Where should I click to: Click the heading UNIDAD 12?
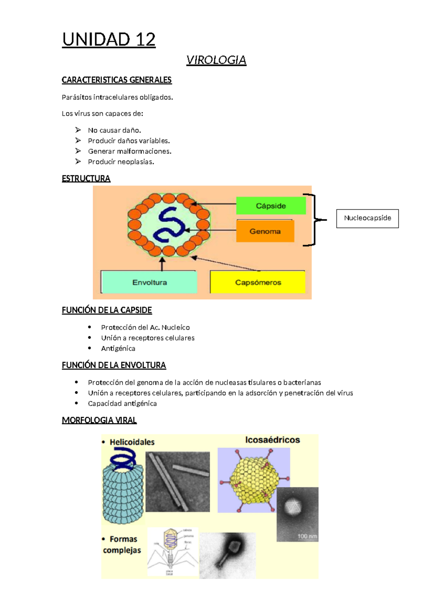pyautogui.click(x=109, y=39)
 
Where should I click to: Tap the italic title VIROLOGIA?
pyautogui.click(x=216, y=60)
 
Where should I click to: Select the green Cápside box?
pyautogui.click(x=271, y=206)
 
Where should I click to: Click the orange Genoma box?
pyautogui.click(x=265, y=231)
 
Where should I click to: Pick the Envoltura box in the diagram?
pyautogui.click(x=149, y=282)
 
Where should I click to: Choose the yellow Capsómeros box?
pyautogui.click(x=258, y=282)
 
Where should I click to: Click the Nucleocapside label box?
pyautogui.click(x=367, y=218)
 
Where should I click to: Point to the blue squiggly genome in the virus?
pyautogui.click(x=169, y=224)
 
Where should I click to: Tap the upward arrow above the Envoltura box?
pyautogui.click(x=162, y=264)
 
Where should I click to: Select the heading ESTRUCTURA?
pyautogui.click(x=86, y=179)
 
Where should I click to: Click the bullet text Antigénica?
pyautogui.click(x=118, y=348)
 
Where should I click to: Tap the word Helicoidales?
pyautogui.click(x=132, y=442)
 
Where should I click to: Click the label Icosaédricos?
pyautogui.click(x=273, y=440)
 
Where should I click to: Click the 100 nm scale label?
pyautogui.click(x=307, y=536)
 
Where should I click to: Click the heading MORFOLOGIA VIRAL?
pyautogui.click(x=99, y=420)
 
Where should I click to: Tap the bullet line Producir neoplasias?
pyautogui.click(x=121, y=162)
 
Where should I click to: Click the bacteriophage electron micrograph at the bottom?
pyautogui.click(x=228, y=555)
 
